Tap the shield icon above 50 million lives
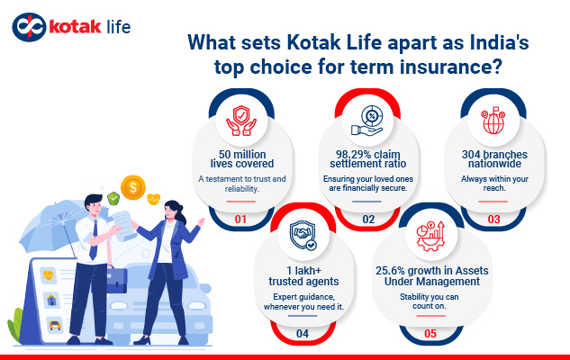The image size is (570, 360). click(243, 118)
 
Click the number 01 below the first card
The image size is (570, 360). click(240, 218)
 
